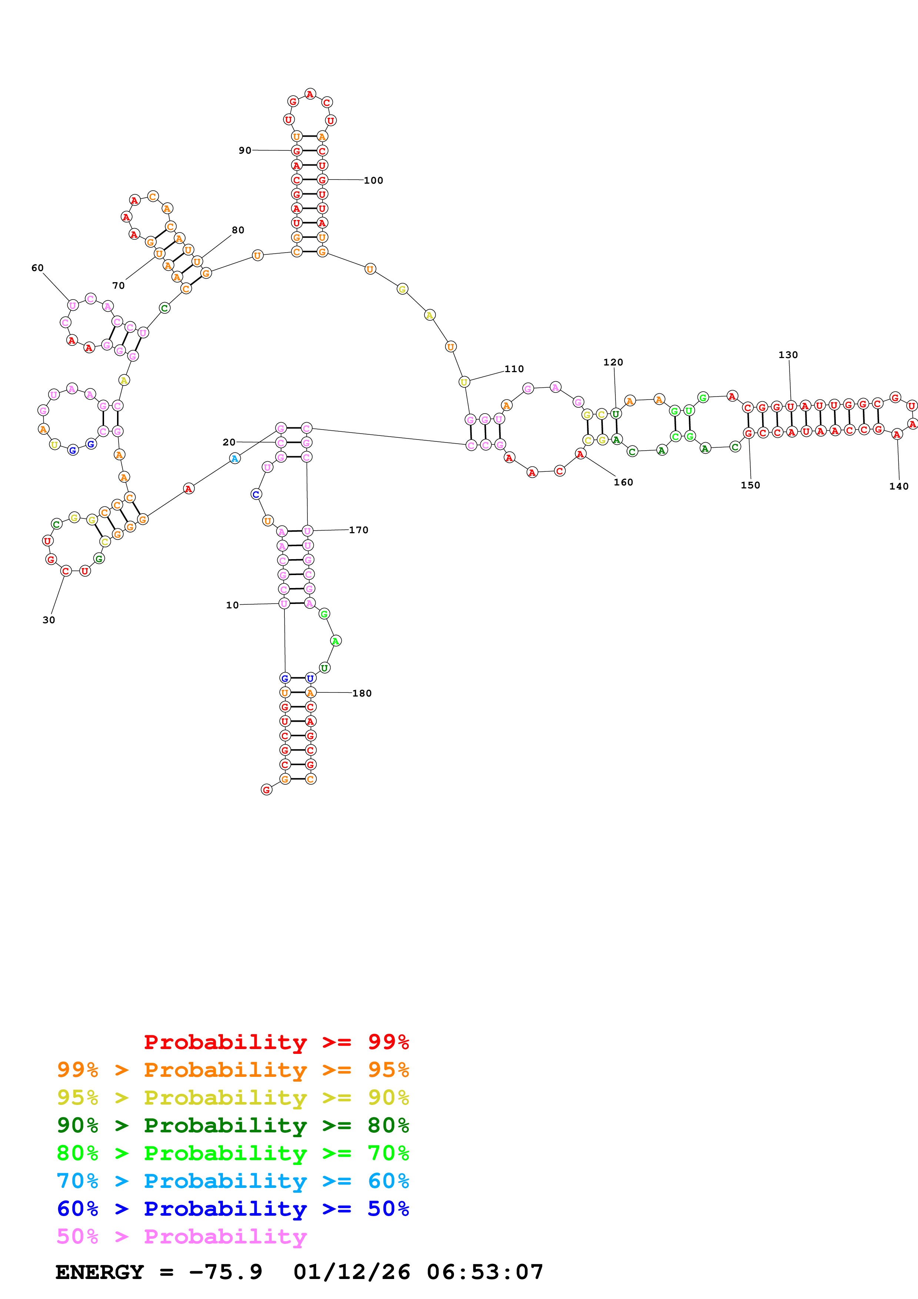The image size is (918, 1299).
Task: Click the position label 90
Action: (x=244, y=150)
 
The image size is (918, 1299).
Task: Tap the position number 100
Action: (x=373, y=180)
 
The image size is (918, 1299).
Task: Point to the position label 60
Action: (x=37, y=268)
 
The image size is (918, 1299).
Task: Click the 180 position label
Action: (x=362, y=694)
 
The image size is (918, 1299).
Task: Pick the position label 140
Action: (x=899, y=487)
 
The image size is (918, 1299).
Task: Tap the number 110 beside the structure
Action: (x=514, y=369)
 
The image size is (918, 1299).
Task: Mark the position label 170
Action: (x=358, y=530)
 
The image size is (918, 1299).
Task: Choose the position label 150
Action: (x=751, y=485)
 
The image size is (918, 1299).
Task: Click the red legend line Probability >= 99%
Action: (x=276, y=1042)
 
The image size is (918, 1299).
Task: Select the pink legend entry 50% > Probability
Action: (x=181, y=1237)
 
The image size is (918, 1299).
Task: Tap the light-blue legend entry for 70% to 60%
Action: (x=233, y=1181)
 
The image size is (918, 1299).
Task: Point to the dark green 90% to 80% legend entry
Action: (x=233, y=1126)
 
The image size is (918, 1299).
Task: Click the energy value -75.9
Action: (x=226, y=1272)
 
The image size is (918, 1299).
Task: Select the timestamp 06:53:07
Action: (x=485, y=1272)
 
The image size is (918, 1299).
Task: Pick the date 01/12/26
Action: (x=352, y=1272)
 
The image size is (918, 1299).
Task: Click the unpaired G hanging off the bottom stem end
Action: (x=266, y=790)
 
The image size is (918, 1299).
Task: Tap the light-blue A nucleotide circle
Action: (x=235, y=458)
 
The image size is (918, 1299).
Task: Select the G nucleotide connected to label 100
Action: (x=322, y=180)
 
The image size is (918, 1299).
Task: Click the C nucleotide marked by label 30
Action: (x=66, y=571)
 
